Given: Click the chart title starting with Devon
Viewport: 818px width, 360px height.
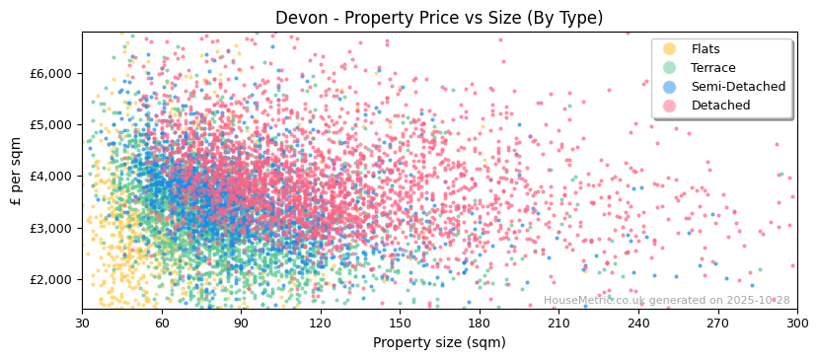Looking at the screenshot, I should pyautogui.click(x=439, y=18).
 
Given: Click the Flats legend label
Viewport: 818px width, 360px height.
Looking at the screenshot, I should pyautogui.click(x=705, y=49).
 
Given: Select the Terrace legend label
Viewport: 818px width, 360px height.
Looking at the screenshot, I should pyautogui.click(x=713, y=68).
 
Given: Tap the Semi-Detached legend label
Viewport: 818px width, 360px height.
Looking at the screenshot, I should pyautogui.click(x=738, y=87).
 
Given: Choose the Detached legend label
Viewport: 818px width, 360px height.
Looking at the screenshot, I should pyautogui.click(x=720, y=106).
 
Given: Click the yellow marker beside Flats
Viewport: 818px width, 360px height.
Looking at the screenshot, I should pyautogui.click(x=670, y=49).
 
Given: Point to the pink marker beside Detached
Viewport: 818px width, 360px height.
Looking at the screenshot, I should pyautogui.click(x=670, y=106).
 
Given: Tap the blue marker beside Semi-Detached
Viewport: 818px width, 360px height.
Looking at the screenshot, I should pyautogui.click(x=670, y=87).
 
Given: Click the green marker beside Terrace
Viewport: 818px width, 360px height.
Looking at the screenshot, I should pyautogui.click(x=670, y=68).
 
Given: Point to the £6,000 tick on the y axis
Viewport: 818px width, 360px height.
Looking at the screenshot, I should pyautogui.click(x=50, y=73).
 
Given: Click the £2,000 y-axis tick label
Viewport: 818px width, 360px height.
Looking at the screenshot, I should pyautogui.click(x=50, y=279).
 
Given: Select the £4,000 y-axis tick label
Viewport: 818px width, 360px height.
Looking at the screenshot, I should pyautogui.click(x=50, y=177).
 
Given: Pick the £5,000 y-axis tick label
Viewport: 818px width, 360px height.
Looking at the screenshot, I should pyautogui.click(x=50, y=125).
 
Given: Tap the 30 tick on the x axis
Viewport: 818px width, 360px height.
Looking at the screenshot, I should pyautogui.click(x=82, y=323).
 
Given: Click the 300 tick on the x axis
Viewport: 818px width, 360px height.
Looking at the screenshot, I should pyautogui.click(x=797, y=323).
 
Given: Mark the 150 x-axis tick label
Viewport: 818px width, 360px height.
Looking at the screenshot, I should pyautogui.click(x=400, y=323).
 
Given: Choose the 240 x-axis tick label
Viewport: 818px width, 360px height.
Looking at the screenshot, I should pyautogui.click(x=638, y=323).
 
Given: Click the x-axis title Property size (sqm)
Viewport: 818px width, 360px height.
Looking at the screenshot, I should pyautogui.click(x=439, y=342).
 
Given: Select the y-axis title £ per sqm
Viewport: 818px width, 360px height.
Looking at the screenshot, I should pyautogui.click(x=16, y=171).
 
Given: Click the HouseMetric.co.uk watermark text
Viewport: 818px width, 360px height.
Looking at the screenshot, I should pyautogui.click(x=666, y=301).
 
